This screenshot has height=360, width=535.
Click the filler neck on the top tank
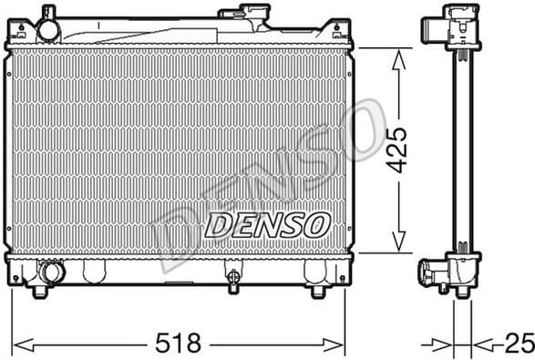[x=243, y=15]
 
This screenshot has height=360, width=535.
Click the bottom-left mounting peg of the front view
[x=39, y=291]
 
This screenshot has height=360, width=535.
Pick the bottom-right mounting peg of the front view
[x=317, y=291]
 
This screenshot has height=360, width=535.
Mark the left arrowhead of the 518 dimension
[x=22, y=345]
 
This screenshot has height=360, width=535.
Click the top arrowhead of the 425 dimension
[x=397, y=57]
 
